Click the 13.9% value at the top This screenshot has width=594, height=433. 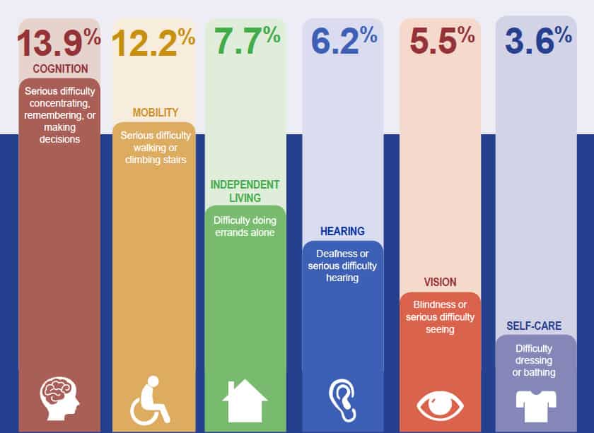point(59,42)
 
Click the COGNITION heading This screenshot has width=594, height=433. point(60,69)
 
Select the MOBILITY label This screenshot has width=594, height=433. point(156,113)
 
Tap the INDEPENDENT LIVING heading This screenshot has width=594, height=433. point(245,191)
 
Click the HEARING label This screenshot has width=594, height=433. point(342,231)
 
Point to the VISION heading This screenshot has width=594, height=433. point(440,283)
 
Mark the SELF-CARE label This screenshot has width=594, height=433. point(534,326)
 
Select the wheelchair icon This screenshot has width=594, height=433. point(150,401)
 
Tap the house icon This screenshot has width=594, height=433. point(245,401)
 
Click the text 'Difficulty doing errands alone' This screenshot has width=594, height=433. point(245,226)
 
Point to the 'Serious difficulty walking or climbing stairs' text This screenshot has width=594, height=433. point(156,147)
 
